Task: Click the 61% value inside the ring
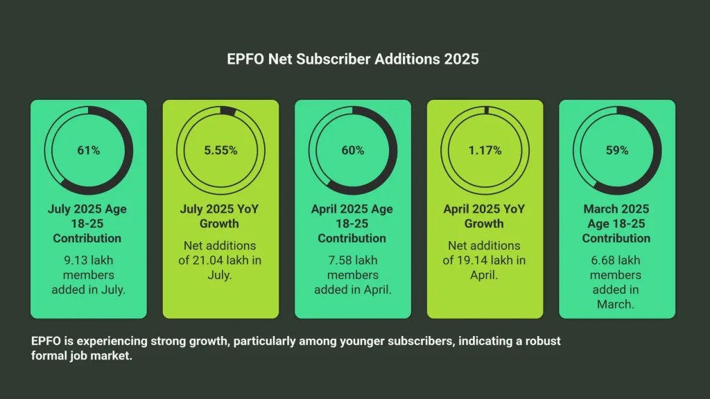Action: tap(88, 150)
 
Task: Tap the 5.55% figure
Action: tap(220, 150)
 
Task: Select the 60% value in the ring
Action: tap(352, 150)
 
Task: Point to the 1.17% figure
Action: tap(485, 150)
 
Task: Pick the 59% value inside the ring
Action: tap(616, 150)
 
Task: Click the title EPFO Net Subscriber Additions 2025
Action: tap(353, 59)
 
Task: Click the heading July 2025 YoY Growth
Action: tap(220, 216)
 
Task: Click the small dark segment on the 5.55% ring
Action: tap(227, 111)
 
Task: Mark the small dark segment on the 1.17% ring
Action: tap(487, 109)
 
